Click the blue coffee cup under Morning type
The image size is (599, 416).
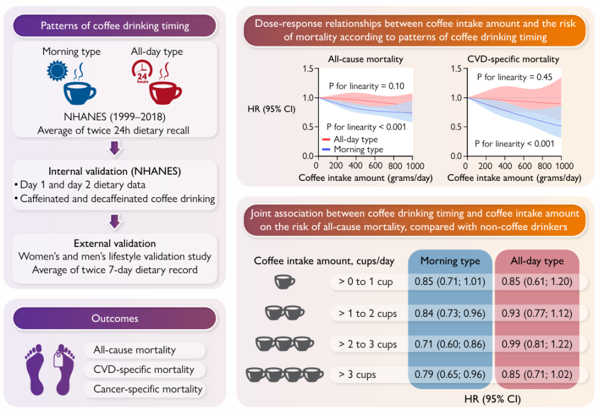tap(80, 92)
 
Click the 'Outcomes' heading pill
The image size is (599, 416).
tap(115, 318)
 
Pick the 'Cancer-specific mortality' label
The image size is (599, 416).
tap(148, 389)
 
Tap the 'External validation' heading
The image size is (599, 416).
tap(115, 243)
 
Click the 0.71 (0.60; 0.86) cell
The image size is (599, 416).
tap(449, 344)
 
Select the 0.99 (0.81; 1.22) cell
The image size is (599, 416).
tap(537, 344)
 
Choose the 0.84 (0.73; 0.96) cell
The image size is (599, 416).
tap(449, 313)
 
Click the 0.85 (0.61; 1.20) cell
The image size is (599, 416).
tap(537, 282)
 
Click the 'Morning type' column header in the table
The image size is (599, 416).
tap(450, 261)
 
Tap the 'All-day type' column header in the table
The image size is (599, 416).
tap(537, 261)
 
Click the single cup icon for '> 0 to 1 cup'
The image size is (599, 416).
tap(285, 282)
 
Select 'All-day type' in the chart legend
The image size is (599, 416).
tap(356, 140)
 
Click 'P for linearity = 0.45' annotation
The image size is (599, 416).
tap(514, 77)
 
